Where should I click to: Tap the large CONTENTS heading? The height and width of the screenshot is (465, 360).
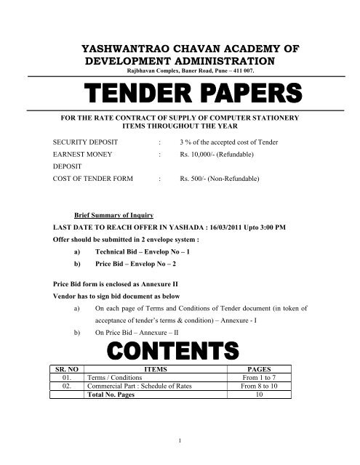click(x=180, y=350)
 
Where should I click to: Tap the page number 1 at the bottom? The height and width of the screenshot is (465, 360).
click(x=180, y=439)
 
